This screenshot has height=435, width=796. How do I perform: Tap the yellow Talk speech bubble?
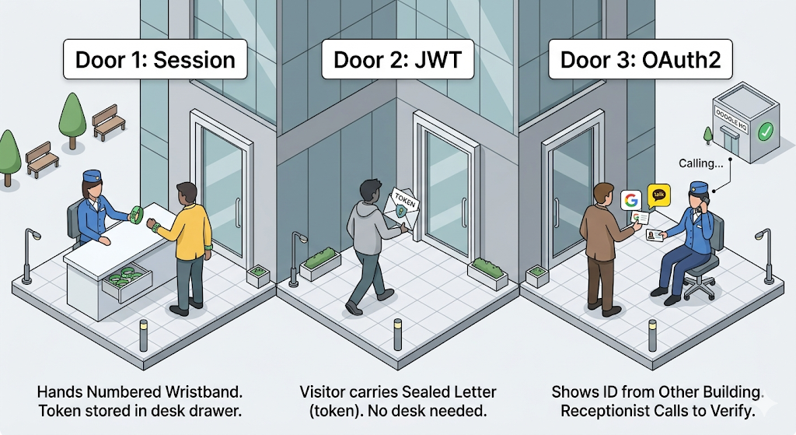660,193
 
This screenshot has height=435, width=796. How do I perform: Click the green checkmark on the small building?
765,132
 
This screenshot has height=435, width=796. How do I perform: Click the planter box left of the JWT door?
320,263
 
